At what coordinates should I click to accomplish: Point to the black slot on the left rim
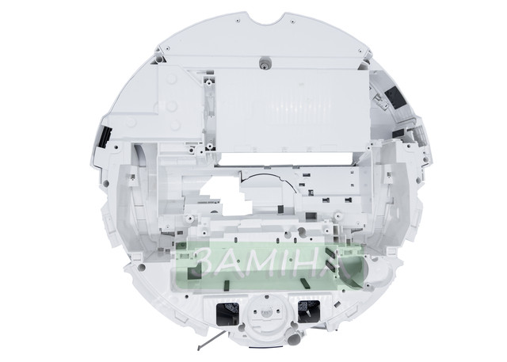click(x=105, y=137)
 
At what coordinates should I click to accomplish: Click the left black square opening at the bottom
click(x=227, y=314)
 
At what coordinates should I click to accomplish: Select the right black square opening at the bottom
click(x=308, y=311)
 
